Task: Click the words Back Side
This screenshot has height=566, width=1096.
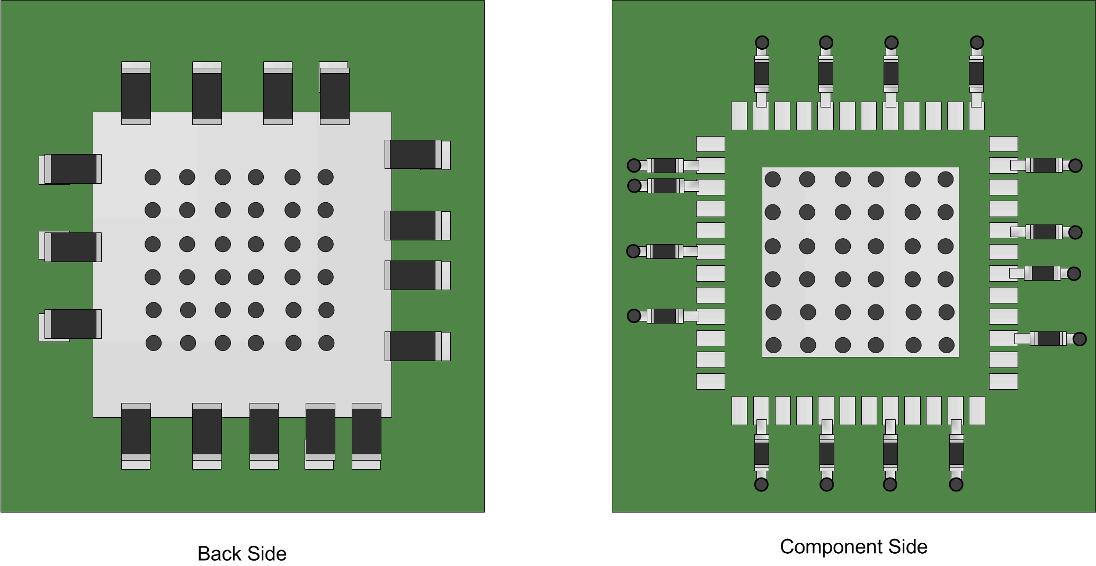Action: pyautogui.click(x=242, y=553)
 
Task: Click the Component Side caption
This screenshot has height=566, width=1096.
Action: pyautogui.click(x=853, y=546)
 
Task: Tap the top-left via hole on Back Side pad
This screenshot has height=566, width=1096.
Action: pyautogui.click(x=153, y=177)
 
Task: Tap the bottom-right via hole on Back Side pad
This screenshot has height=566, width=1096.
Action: pyautogui.click(x=326, y=343)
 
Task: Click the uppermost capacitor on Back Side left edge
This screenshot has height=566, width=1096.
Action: pyautogui.click(x=72, y=169)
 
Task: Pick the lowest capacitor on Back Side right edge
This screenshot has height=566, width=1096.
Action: pyautogui.click(x=416, y=346)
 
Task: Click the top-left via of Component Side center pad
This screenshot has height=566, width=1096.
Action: pyautogui.click(x=773, y=179)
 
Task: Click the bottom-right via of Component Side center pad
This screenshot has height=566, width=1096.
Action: pyautogui.click(x=947, y=345)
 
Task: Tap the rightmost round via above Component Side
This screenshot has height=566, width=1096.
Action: pyautogui.click(x=977, y=42)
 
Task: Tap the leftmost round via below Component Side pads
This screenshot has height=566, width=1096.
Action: pyautogui.click(x=761, y=484)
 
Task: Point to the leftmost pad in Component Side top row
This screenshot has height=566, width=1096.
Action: pyautogui.click(x=739, y=115)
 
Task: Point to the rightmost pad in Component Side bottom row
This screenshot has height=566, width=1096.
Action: pyautogui.click(x=977, y=410)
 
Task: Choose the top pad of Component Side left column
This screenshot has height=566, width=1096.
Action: pyautogui.click(x=710, y=144)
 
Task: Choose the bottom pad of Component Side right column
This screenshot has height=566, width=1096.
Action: pyautogui.click(x=1003, y=381)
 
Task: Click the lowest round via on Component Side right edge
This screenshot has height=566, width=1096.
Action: pyautogui.click(x=1080, y=339)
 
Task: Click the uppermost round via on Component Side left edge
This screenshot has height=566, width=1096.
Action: pyautogui.click(x=634, y=166)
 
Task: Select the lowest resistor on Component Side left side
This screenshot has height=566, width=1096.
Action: pyautogui.click(x=665, y=316)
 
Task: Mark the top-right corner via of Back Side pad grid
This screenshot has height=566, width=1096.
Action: pyautogui.click(x=326, y=177)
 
